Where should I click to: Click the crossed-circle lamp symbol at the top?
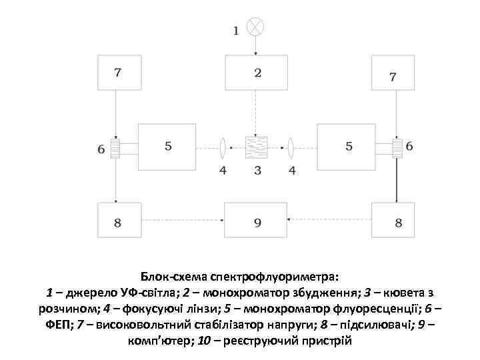click(255, 27)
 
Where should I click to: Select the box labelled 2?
click(256, 72)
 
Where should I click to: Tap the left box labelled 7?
click(117, 72)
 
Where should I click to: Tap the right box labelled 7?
click(393, 72)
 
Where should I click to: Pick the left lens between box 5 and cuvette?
click(223, 147)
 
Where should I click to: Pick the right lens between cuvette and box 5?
click(291, 147)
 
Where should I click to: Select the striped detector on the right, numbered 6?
click(397, 148)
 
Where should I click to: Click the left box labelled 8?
click(119, 219)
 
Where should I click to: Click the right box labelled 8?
click(394, 219)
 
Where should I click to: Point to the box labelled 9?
click(256, 219)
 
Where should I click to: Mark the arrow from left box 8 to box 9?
click(182, 219)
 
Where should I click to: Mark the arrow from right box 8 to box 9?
click(329, 219)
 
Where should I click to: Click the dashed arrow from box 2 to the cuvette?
click(256, 113)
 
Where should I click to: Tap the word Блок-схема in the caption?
click(175, 276)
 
